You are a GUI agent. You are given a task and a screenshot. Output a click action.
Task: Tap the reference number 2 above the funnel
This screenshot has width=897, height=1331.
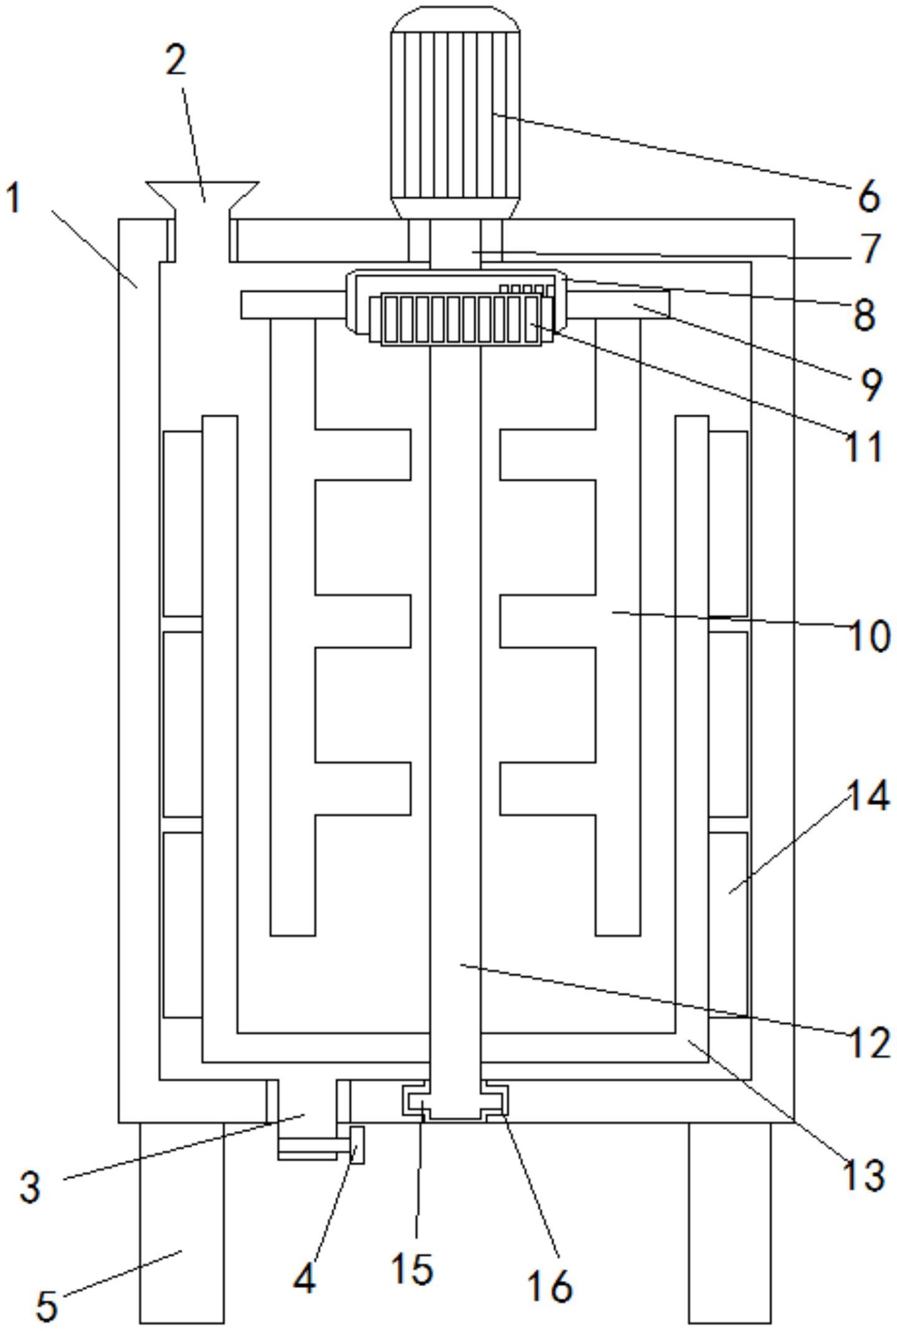point(176,60)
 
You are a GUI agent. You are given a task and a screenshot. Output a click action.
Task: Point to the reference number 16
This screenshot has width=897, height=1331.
point(550,1285)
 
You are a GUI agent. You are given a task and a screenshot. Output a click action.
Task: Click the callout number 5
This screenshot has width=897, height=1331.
point(46,1305)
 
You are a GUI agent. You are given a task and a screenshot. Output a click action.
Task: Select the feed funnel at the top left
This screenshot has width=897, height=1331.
point(202,221)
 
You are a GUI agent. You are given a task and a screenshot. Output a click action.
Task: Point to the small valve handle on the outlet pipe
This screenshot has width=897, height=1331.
point(357,1145)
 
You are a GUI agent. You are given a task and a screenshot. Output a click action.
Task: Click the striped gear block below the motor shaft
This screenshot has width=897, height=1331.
point(461,320)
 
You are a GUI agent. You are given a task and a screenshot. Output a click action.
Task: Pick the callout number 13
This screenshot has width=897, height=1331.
point(863,1176)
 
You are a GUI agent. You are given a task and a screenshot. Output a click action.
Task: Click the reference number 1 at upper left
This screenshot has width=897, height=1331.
point(14,198)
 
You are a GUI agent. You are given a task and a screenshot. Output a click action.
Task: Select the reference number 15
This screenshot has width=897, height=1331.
point(412,1268)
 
